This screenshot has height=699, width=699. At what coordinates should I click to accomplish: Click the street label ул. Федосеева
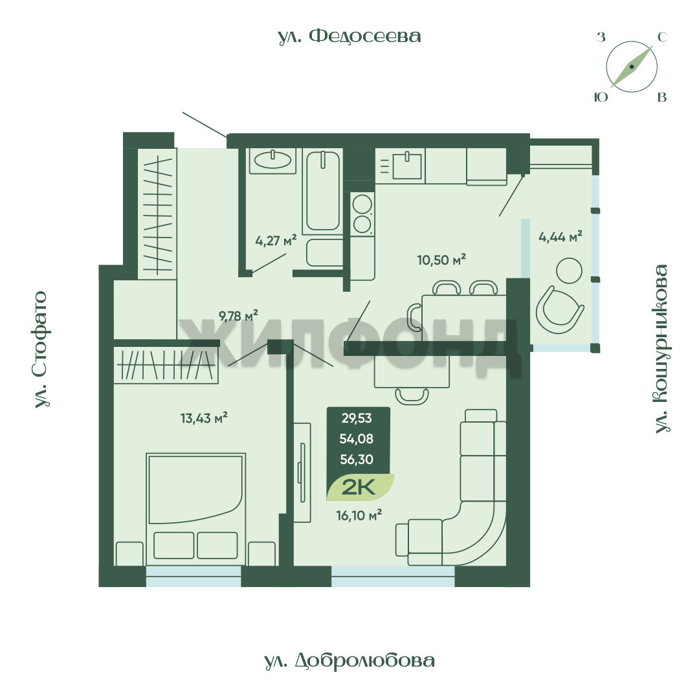coord(349,36)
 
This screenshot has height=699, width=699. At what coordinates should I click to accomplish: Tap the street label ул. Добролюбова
coord(349,661)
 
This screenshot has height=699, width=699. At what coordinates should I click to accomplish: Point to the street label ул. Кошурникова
coord(661,349)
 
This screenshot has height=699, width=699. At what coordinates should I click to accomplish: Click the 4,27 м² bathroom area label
coord(276,241)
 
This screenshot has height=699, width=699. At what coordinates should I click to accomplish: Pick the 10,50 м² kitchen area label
coord(441,260)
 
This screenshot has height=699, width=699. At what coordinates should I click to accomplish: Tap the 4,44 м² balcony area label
coord(560,236)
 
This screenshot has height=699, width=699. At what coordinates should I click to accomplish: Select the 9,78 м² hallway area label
coord(238,316)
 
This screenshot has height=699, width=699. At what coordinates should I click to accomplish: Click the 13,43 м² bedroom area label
coord(204,418)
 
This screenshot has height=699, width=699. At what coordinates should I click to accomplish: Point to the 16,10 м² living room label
coord(359,515)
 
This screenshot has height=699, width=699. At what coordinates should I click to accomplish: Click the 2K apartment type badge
coord(359,488)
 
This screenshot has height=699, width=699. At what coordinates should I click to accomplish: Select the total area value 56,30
coord(357,459)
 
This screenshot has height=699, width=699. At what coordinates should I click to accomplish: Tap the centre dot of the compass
coord(632,67)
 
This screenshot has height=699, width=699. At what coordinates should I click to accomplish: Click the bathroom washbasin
coord(273,161)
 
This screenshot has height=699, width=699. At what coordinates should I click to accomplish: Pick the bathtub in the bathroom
coord(323,191)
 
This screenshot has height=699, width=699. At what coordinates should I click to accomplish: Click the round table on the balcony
coord(570,271)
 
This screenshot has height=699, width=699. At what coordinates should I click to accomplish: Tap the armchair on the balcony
coord(559,310)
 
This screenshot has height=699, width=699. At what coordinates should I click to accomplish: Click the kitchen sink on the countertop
coord(407,165)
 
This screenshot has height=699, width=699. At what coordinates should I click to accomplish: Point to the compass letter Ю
coord(601,96)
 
